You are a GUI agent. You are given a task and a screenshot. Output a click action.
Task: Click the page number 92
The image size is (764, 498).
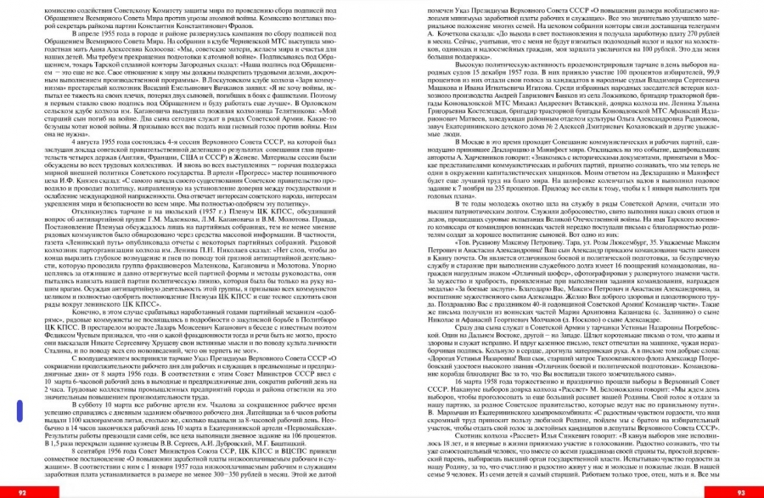tap(22, 491)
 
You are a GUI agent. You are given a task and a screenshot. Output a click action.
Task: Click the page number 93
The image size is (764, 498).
tap(740, 491)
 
